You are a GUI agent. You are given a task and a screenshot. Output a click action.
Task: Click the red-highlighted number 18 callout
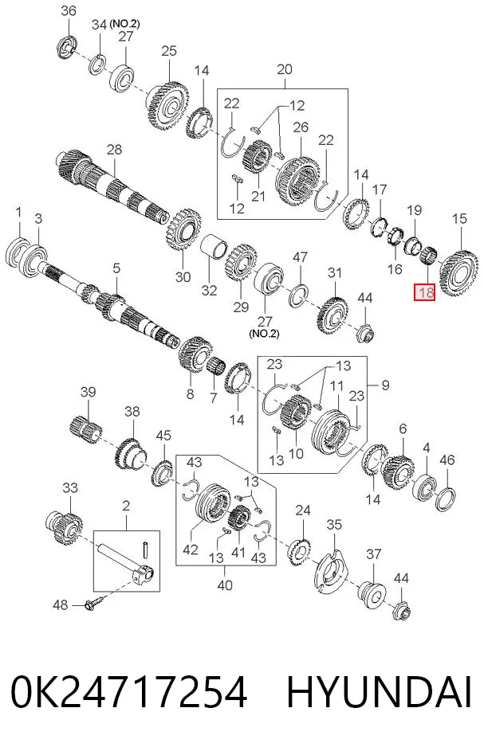[424, 291]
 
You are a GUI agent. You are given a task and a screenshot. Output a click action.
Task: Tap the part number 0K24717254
[128, 692]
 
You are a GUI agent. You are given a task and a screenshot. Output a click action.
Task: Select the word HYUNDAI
[379, 692]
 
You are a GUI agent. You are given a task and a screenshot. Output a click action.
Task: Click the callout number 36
[69, 10]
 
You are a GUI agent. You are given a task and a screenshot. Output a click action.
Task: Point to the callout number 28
[114, 150]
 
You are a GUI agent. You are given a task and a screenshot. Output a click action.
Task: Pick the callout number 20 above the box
[285, 69]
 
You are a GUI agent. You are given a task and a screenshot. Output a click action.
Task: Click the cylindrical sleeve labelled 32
[214, 247]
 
